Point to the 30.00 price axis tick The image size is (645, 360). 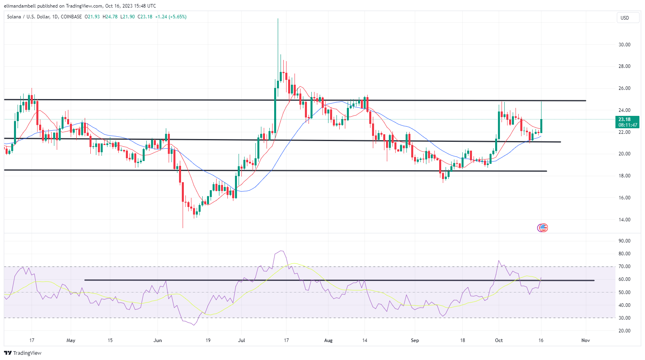(624, 45)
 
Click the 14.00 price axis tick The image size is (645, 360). (624, 220)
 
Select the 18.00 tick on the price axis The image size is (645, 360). (624, 176)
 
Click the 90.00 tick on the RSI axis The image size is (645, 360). (624, 241)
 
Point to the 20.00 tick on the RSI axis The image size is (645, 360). (624, 331)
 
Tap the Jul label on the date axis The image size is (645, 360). (241, 340)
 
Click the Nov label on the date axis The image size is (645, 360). (585, 340)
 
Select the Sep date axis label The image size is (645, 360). (415, 340)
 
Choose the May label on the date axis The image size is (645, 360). (71, 340)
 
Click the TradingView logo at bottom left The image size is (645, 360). (23, 353)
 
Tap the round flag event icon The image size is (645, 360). (542, 228)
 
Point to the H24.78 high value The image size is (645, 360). (110, 17)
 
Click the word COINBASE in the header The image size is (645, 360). (71, 17)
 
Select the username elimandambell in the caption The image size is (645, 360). (20, 6)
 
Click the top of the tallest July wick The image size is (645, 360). (278, 19)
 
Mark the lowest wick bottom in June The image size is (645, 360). (183, 228)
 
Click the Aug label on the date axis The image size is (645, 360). (328, 340)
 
